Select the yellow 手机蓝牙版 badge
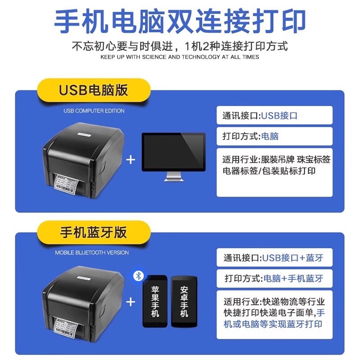[94, 232]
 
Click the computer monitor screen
[173, 152]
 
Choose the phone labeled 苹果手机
[155, 301]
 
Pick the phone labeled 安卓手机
[184, 301]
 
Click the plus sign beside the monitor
[130, 159]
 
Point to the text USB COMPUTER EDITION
[94, 110]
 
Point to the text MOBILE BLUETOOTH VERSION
[92, 252]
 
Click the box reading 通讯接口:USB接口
[274, 116]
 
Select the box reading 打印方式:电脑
[274, 136]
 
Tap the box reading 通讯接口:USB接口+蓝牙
[274, 258]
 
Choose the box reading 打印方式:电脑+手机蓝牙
[274, 278]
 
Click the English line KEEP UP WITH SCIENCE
[180, 57]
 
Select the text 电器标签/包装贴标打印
[269, 171]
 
